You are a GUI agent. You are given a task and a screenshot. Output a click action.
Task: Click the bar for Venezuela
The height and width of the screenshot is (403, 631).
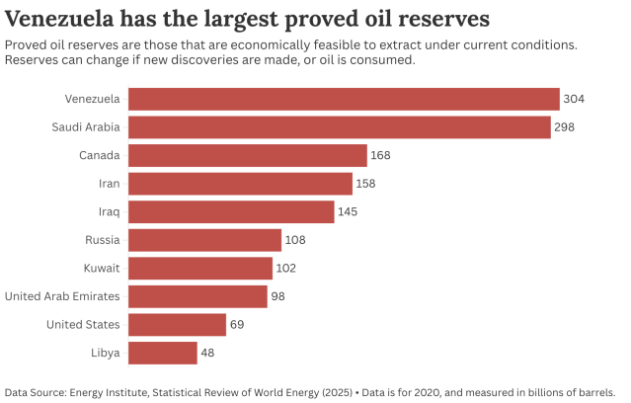click(344, 99)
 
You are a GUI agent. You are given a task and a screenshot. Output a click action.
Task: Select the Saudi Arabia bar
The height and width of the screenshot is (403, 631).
click(340, 127)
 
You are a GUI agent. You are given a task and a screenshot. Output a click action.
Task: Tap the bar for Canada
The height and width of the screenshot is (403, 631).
click(248, 155)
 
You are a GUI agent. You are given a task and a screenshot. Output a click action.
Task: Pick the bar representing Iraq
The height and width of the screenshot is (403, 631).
click(231, 212)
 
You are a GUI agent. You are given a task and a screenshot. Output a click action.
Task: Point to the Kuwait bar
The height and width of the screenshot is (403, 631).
click(200, 269)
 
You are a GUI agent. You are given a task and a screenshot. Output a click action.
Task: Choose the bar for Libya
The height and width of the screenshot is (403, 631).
click(163, 353)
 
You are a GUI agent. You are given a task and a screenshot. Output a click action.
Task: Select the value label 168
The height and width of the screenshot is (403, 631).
click(381, 155)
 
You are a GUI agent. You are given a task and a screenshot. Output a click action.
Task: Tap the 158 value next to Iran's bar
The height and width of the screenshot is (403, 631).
click(366, 184)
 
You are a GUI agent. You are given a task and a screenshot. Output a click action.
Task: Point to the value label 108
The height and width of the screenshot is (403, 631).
click(296, 240)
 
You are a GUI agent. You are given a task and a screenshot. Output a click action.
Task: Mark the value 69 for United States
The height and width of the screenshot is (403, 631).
click(238, 325)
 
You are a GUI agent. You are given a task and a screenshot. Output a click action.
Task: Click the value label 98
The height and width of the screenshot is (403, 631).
click(279, 296)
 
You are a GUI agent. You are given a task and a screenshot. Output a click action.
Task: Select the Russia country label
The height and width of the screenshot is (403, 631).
click(102, 240)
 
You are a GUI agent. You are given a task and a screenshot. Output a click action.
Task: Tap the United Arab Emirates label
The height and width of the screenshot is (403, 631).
click(62, 296)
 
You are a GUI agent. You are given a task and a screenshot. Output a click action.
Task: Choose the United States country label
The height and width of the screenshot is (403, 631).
click(84, 325)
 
